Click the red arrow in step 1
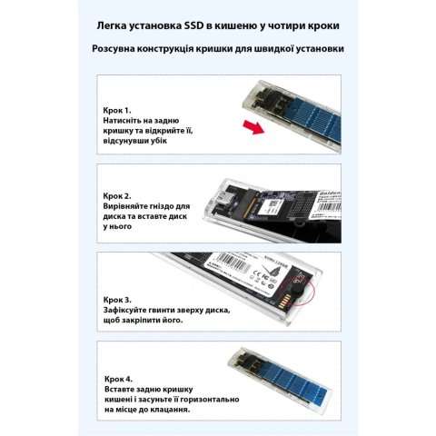[256, 127]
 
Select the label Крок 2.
[119, 195]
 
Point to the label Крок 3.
[119, 299]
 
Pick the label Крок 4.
[119, 377]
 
